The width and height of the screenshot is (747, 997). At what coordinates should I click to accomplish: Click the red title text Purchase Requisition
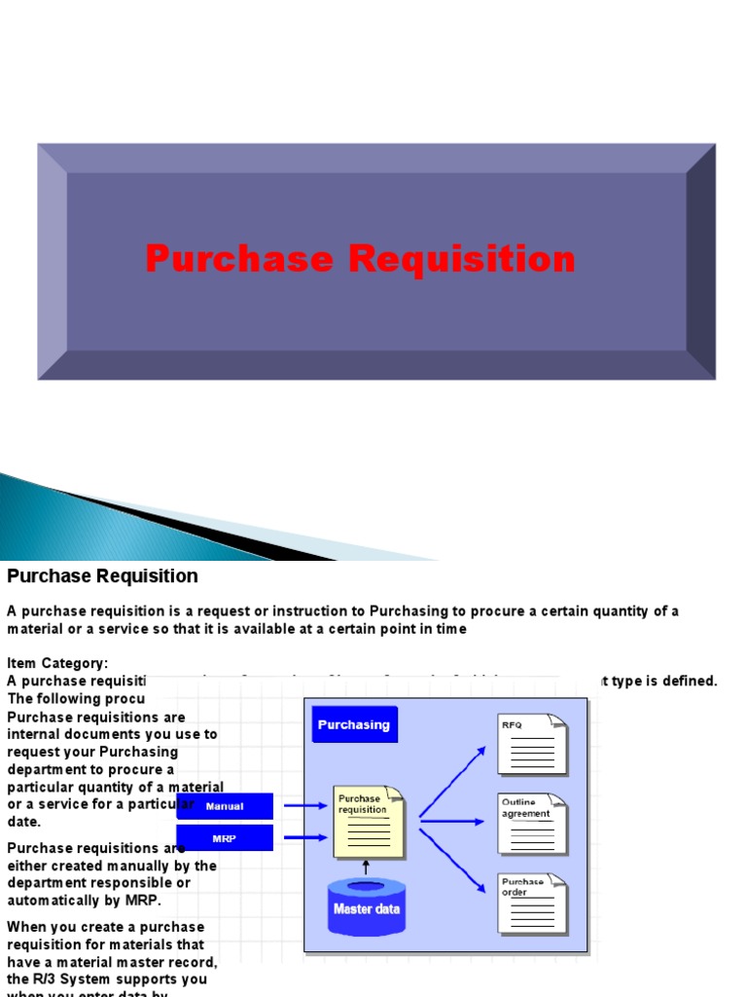(360, 259)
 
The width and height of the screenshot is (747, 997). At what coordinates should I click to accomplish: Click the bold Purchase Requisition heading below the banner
(102, 575)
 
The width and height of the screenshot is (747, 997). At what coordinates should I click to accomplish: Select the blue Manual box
(225, 806)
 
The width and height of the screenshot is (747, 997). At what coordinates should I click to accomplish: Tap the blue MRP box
(225, 837)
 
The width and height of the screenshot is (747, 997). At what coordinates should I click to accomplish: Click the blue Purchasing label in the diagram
(353, 724)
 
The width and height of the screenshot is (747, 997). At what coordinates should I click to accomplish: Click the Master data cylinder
(367, 905)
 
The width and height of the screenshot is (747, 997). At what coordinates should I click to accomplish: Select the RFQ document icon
(532, 744)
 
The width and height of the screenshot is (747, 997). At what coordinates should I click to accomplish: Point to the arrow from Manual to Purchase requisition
(302, 806)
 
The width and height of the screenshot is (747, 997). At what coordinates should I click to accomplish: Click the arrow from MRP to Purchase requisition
(302, 837)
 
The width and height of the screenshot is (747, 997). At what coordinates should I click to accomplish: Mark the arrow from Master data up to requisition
(367, 868)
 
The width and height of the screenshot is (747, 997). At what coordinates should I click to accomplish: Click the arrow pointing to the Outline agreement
(452, 822)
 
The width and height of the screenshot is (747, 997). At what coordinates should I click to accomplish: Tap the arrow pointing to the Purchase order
(452, 861)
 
